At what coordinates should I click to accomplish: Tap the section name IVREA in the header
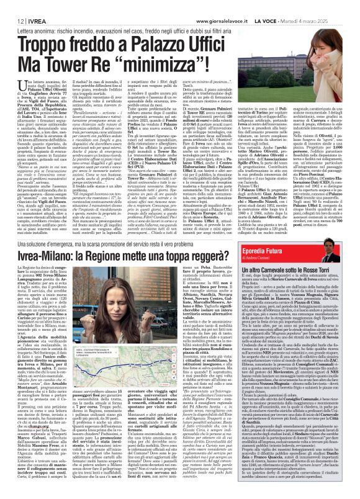pos(30,5)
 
